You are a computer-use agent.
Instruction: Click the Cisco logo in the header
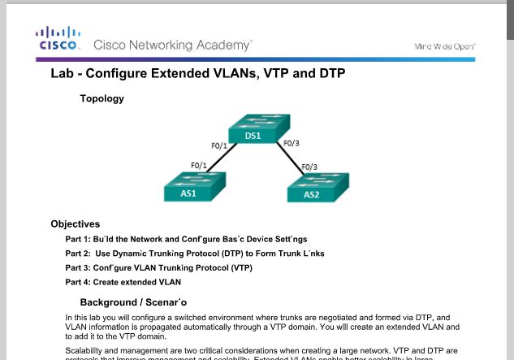point(58,38)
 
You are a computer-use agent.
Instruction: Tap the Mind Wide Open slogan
point(445,46)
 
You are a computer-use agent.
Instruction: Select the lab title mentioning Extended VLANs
point(198,74)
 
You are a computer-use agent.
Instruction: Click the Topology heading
point(102,99)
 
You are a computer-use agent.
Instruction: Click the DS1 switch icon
point(253,130)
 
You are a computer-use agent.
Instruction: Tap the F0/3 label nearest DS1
point(291,144)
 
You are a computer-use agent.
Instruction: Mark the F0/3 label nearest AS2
point(310,167)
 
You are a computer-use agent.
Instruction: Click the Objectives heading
point(75,223)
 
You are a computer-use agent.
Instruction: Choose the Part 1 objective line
point(186,239)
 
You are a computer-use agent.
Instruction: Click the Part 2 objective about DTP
point(194,253)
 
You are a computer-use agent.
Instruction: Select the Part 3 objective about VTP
point(158,267)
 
